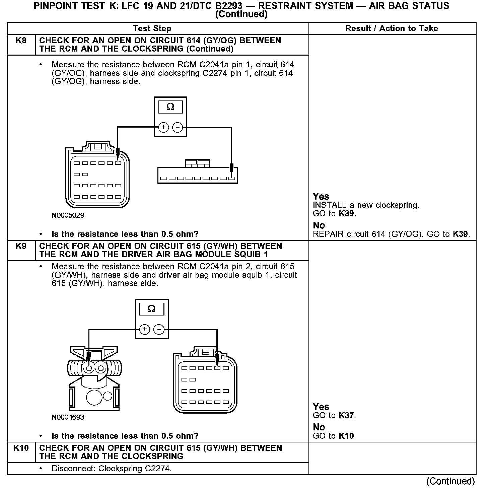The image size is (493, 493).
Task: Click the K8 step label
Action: [x=21, y=41]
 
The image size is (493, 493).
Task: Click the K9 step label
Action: [x=21, y=246]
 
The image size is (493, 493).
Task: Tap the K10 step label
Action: [x=21, y=448]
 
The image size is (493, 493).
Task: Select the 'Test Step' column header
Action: [x=152, y=28]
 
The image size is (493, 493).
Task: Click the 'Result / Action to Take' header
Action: [x=392, y=28]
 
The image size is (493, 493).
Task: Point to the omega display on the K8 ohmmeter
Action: [x=170, y=107]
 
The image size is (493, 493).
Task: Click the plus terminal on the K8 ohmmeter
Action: [x=163, y=127]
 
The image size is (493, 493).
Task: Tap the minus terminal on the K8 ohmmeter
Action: [x=178, y=127]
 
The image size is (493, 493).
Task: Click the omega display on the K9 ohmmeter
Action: [x=151, y=309]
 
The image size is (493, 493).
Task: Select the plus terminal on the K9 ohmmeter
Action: [x=145, y=330]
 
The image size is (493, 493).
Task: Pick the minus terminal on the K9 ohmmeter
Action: [x=159, y=330]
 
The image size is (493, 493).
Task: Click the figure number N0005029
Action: [x=68, y=215]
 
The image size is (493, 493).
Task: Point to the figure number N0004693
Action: [x=68, y=417]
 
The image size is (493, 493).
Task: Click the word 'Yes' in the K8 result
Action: [x=321, y=197]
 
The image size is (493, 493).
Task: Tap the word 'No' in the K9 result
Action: [x=319, y=427]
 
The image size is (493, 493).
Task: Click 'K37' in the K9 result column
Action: [x=346, y=416]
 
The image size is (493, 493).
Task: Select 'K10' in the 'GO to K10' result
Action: [x=346, y=436]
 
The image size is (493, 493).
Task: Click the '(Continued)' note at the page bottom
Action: [x=450, y=481]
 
